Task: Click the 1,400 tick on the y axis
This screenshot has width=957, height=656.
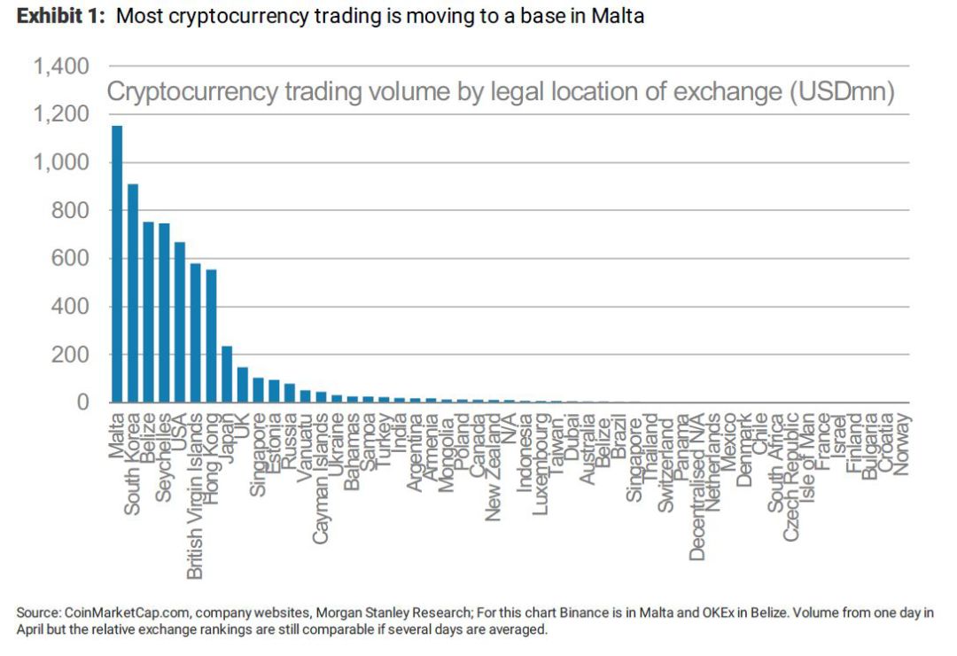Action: coord(61,66)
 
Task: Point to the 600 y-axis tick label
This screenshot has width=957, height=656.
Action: coord(70,259)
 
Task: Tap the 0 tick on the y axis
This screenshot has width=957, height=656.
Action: coord(82,402)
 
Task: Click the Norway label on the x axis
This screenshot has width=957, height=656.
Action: coord(901,444)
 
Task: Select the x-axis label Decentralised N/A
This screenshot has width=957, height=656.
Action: coord(696,487)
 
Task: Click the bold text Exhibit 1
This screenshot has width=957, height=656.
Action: coord(60,16)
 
